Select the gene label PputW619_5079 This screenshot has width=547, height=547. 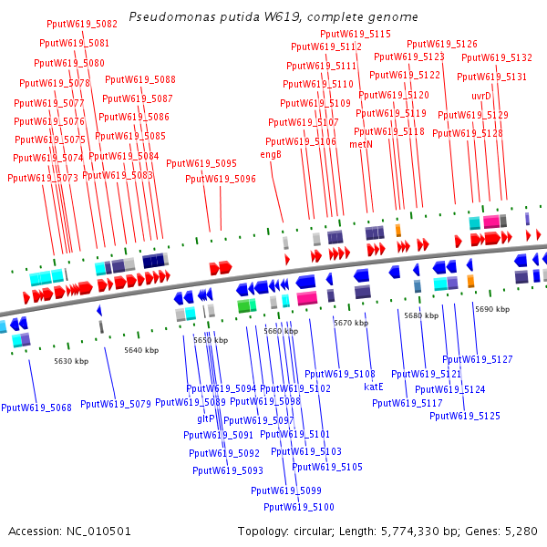pyautogui.click(x=116, y=404)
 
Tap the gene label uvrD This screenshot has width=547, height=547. pyautogui.click(x=481, y=96)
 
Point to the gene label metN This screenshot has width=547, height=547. pyautogui.click(x=361, y=144)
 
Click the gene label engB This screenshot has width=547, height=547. pyautogui.click(x=271, y=154)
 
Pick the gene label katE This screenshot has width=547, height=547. pyautogui.click(x=374, y=387)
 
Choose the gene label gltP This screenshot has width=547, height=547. pyautogui.click(x=205, y=418)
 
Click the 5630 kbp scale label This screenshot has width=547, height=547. pyautogui.click(x=71, y=361)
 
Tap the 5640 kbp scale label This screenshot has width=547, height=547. pyautogui.click(x=141, y=350)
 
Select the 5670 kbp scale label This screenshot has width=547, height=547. pyautogui.click(x=351, y=323)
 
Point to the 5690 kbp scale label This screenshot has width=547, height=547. pyautogui.click(x=492, y=309)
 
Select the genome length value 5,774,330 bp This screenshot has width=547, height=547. pyautogui.click(x=435, y=531)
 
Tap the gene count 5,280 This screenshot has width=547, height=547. pyautogui.click(x=521, y=531)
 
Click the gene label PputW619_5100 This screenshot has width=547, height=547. pyautogui.click(x=299, y=507)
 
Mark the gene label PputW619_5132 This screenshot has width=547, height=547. pyautogui.click(x=496, y=57)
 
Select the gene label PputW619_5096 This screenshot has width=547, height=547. pyautogui.click(x=221, y=179)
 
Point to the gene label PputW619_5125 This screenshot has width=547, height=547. pyautogui.click(x=465, y=416)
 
